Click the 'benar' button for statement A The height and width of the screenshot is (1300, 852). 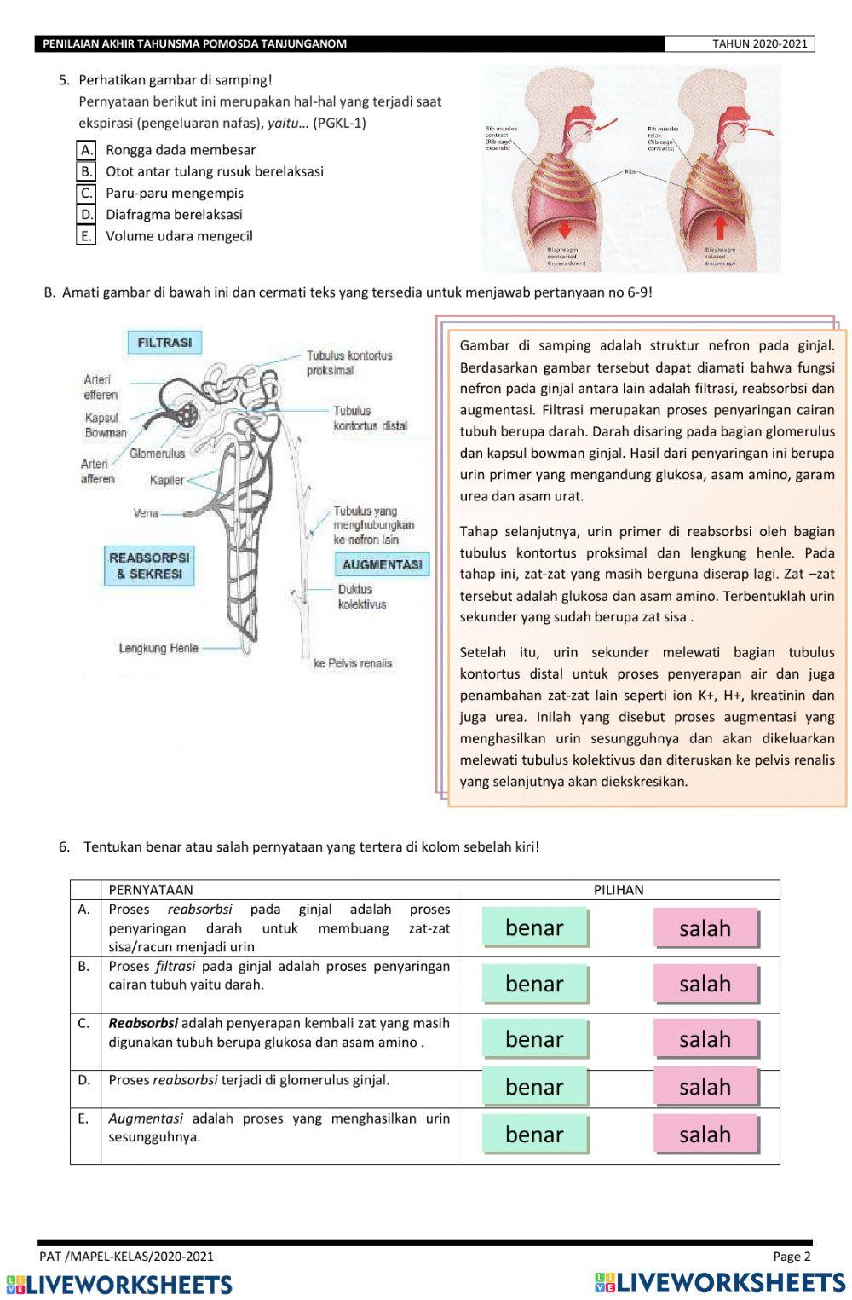(534, 927)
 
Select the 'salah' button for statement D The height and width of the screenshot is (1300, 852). (705, 1087)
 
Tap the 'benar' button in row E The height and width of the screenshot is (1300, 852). (534, 1135)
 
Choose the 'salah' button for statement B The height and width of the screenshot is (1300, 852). (705, 984)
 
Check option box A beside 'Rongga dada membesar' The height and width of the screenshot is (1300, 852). (86, 150)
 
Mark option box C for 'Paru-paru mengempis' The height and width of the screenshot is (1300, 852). (86, 194)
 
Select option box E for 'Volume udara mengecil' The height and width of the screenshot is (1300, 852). (86, 236)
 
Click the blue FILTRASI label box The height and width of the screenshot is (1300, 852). (164, 343)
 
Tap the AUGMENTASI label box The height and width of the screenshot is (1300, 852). (382, 564)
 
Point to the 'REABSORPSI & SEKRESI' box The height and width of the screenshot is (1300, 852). (150, 566)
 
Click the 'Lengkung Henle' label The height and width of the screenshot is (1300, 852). (158, 648)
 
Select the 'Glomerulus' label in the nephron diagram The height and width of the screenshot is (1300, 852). (157, 454)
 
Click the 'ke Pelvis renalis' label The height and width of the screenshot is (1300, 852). (353, 663)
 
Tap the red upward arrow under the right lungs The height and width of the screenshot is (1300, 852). (720, 227)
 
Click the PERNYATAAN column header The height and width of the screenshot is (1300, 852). (151, 890)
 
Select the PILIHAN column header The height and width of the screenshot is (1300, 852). (619, 890)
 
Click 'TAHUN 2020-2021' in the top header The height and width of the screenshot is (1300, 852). (759, 44)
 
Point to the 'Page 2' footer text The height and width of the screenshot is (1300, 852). (792, 1256)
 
